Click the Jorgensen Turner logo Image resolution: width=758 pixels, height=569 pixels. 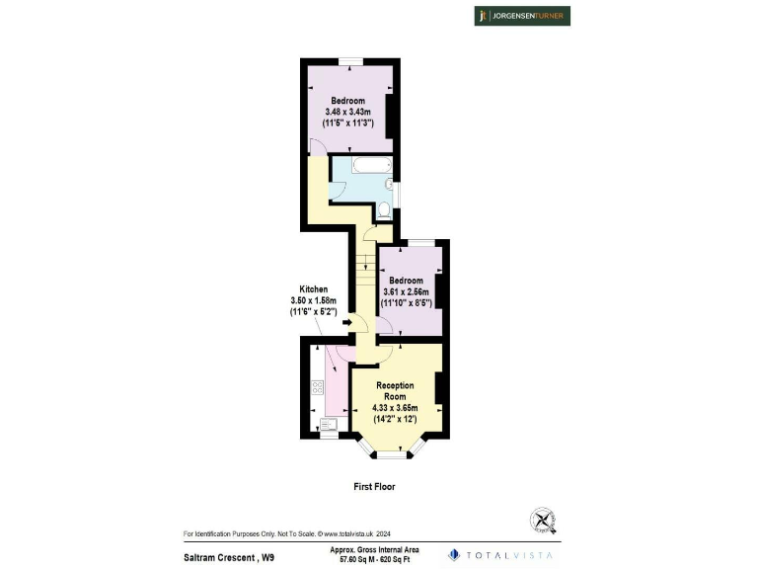[x=522, y=16]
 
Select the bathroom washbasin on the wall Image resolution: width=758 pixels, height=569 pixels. [x=390, y=184]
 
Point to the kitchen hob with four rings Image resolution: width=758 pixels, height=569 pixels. [x=318, y=388]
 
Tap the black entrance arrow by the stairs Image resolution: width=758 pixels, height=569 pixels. [x=347, y=322]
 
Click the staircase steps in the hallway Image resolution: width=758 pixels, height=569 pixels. [x=363, y=281]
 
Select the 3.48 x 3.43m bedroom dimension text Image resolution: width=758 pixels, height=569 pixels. [x=347, y=112]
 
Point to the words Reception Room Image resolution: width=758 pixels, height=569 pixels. [x=395, y=390]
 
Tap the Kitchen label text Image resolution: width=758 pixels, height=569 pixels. [x=308, y=288]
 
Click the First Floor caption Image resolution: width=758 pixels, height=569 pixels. [x=374, y=487]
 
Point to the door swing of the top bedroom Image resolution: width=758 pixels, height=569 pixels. [x=317, y=146]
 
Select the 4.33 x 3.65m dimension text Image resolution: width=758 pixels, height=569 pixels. [x=395, y=408]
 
